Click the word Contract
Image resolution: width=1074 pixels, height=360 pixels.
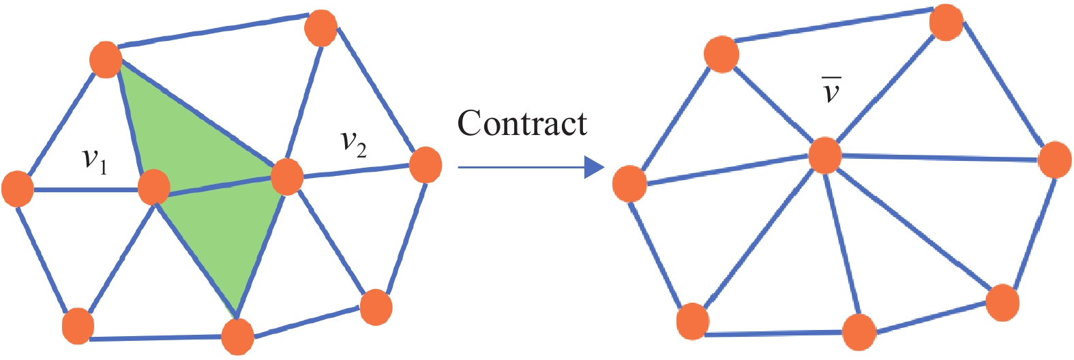click(x=522, y=123)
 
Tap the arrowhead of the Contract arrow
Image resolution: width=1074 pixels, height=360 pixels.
click(x=594, y=167)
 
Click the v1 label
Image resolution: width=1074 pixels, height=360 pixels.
click(x=95, y=160)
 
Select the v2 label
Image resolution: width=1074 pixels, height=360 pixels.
click(x=353, y=143)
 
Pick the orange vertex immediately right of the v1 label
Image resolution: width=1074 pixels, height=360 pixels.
click(x=153, y=187)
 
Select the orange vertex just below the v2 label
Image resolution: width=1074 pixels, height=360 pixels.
click(x=286, y=177)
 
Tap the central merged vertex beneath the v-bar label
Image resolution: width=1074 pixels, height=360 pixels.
click(x=824, y=155)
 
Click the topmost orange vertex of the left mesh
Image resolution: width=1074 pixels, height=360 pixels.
click(x=320, y=28)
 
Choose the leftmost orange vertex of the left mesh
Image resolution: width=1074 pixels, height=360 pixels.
click(x=18, y=189)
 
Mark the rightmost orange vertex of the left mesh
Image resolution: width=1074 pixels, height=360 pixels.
click(x=426, y=165)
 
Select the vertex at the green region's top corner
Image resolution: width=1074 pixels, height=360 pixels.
click(x=106, y=59)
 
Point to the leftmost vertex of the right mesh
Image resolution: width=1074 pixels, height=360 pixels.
click(x=629, y=183)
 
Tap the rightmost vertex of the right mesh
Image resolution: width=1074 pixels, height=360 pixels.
click(x=1054, y=160)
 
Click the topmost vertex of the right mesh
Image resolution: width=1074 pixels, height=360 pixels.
click(x=946, y=22)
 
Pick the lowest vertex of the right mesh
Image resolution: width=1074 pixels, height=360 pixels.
click(x=859, y=332)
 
